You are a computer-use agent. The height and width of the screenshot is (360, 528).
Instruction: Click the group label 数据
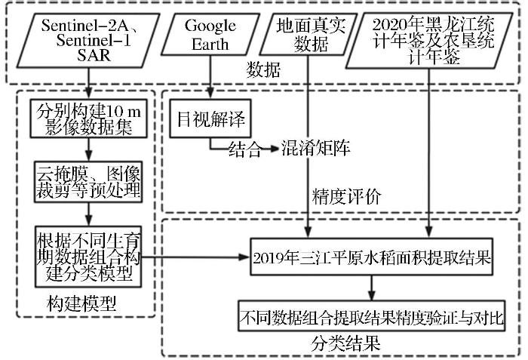pyautogui.click(x=263, y=72)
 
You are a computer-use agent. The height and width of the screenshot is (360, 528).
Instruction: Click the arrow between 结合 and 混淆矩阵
pyautogui.click(x=269, y=149)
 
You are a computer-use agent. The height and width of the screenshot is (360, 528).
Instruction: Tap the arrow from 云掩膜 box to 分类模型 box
pyautogui.click(x=89, y=214)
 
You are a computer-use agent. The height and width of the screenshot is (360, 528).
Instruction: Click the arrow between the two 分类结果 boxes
pyautogui.click(x=371, y=288)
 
